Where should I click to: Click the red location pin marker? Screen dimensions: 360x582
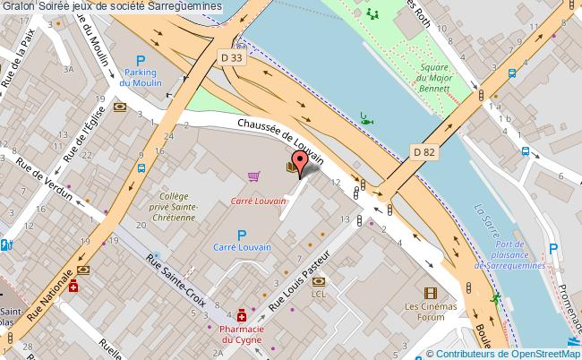(302, 162)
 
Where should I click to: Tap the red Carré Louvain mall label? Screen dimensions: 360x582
(258, 201)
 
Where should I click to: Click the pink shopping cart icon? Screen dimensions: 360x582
(254, 176)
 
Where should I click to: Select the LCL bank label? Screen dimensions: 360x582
(319, 293)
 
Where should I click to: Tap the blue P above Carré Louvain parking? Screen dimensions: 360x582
(241, 234)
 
